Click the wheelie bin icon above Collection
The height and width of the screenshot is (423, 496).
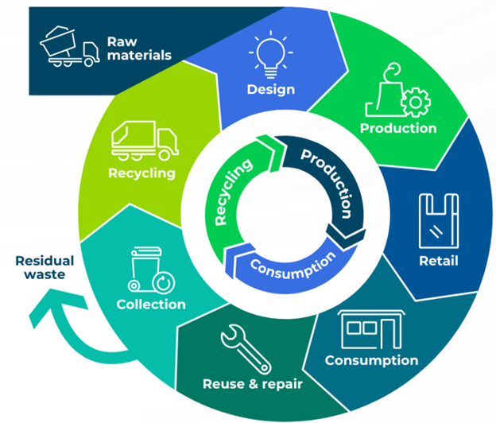(148, 270)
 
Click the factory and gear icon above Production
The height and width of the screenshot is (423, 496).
(397, 94)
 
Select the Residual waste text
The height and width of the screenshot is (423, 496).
(44, 268)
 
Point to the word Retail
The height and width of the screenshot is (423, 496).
(438, 261)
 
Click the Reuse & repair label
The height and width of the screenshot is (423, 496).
(253, 385)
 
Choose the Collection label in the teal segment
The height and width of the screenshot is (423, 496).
(151, 304)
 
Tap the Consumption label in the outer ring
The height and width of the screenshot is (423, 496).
(371, 360)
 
